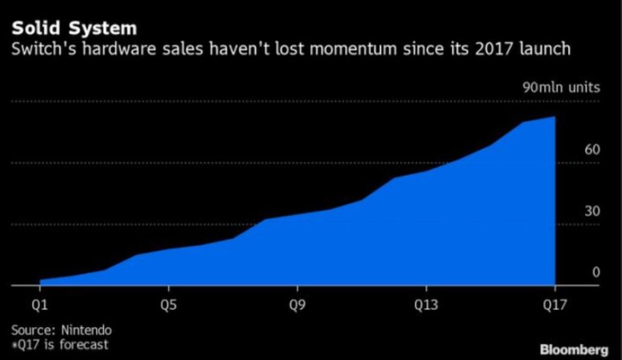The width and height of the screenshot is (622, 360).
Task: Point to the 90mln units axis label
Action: coord(561,87)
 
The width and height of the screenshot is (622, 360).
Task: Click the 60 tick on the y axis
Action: coord(570,150)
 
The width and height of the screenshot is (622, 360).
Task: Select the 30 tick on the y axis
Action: coord(570,211)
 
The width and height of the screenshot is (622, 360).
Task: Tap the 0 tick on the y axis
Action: coord(574,272)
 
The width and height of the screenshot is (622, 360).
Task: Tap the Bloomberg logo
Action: coord(574,349)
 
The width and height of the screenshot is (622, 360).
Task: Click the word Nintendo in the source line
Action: coord(85,330)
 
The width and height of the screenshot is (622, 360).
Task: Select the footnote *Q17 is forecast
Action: coord(60,345)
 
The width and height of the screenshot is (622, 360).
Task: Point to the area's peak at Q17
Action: coord(554,117)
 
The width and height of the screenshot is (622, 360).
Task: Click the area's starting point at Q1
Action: coord(39,280)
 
